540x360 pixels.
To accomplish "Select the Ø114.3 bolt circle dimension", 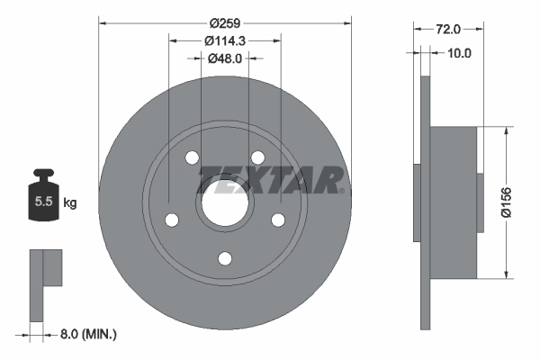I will coord(225,40).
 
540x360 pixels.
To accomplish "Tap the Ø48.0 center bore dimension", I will coord(225,58).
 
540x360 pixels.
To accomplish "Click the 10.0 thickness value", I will coord(459,53).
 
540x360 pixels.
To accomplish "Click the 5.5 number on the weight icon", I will coord(42,202).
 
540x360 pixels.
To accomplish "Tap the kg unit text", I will coord(69,203).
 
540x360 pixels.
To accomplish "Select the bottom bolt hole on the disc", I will coord(224,259).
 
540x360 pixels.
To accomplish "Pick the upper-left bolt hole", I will coord(192,158).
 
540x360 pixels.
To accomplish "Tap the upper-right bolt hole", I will coord(256,158).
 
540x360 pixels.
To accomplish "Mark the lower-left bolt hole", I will coord(172,220).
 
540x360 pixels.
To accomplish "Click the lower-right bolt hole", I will coord(277,220).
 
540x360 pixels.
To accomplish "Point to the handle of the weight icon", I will coord(42,175).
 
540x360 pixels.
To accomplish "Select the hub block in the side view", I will coord(454,203).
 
